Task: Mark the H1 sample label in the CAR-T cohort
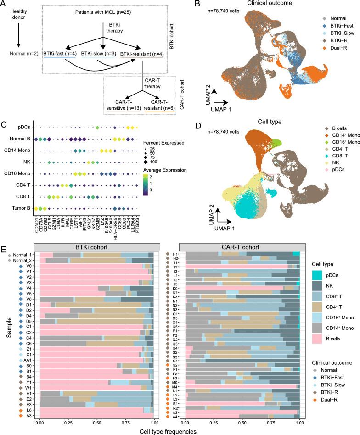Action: pos(175,254)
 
